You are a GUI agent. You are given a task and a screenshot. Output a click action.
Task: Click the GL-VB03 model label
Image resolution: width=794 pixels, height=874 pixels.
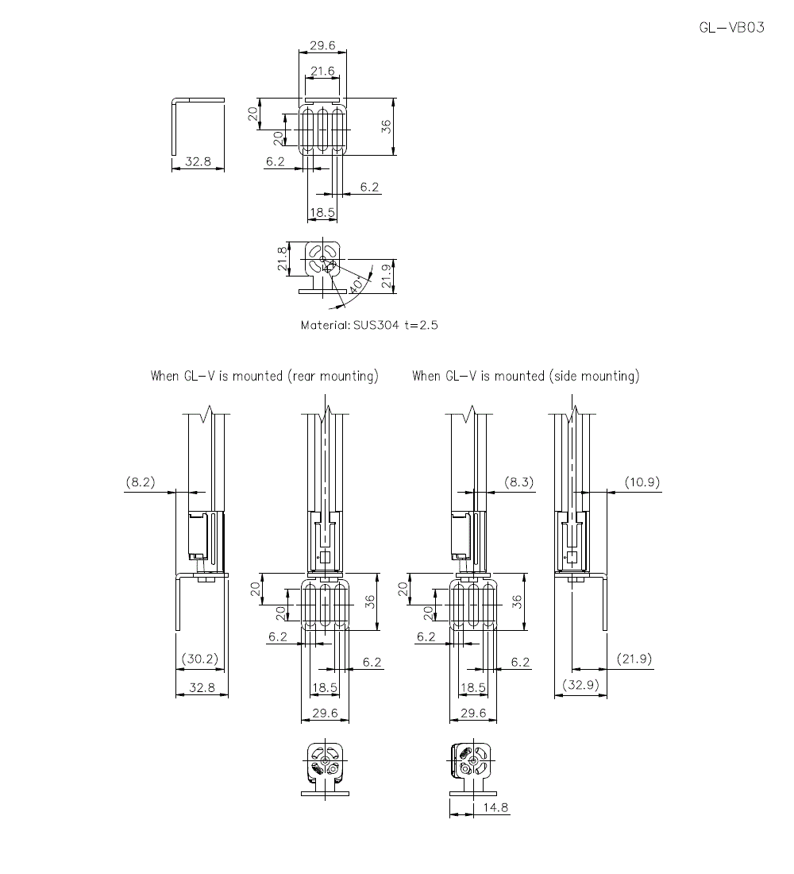731,28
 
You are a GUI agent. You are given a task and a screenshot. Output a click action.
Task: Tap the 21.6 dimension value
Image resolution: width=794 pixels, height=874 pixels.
322,72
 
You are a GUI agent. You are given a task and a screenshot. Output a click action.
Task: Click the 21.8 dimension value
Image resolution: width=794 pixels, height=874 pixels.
282,259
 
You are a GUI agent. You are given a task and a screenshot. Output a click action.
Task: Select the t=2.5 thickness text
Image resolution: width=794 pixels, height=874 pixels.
422,325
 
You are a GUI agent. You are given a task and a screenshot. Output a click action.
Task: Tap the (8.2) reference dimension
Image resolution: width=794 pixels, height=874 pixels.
141,481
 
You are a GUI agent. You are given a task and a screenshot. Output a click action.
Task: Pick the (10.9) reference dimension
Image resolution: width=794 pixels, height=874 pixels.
642,481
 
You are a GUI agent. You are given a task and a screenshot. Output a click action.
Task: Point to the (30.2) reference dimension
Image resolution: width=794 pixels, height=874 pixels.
200,659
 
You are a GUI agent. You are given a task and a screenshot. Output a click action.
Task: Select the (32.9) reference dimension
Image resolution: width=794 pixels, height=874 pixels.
580,685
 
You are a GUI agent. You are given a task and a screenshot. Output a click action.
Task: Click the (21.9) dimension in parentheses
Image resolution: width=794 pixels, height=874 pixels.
634,659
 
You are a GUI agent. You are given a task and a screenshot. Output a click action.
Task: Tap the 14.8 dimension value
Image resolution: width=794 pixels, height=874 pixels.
494,807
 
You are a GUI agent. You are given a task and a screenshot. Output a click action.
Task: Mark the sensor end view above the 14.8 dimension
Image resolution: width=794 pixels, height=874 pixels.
471,768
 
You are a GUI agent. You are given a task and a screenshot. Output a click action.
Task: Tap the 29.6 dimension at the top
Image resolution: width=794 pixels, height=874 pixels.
322,45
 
